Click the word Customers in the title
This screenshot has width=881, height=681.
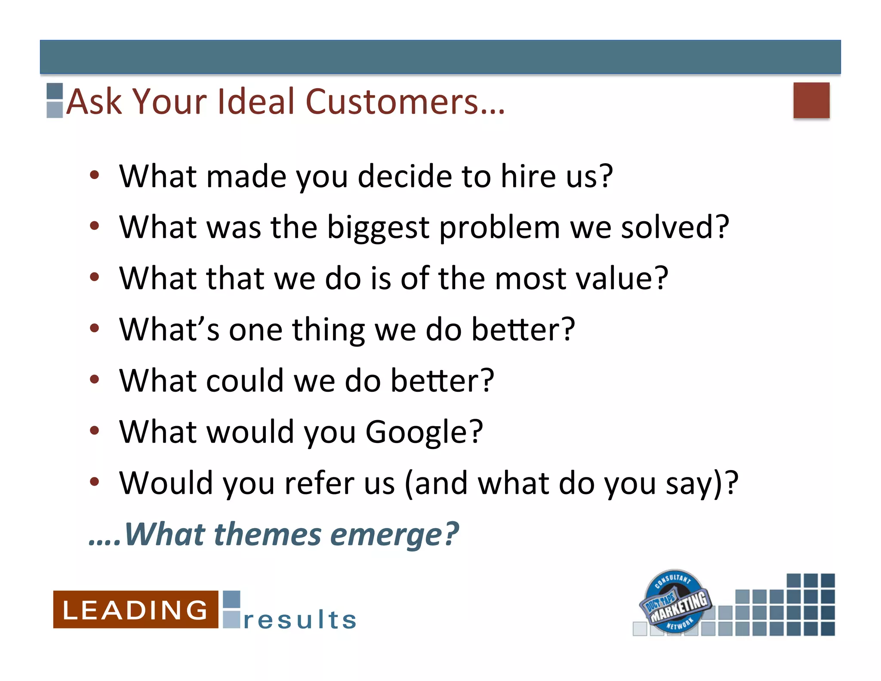[404, 102]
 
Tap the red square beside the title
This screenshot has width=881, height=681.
[811, 100]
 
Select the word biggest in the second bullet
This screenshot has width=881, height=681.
[378, 228]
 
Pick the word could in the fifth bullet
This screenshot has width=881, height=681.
[244, 381]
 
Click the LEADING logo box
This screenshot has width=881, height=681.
[135, 610]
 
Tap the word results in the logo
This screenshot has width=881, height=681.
[300, 620]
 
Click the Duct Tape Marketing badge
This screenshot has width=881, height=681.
[675, 602]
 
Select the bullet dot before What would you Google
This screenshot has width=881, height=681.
[95, 430]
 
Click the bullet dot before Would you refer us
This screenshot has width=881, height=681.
[95, 481]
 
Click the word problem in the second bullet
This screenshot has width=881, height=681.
[499, 228]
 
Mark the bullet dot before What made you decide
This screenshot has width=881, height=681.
[95, 175]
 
